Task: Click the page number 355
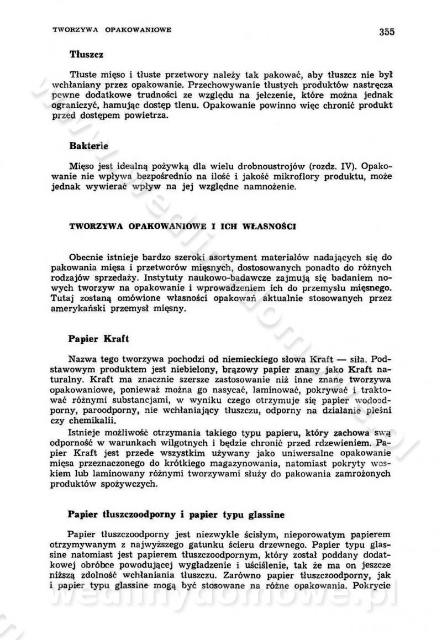[387, 32]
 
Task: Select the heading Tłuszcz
[87, 55]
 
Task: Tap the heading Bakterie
[89, 146]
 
